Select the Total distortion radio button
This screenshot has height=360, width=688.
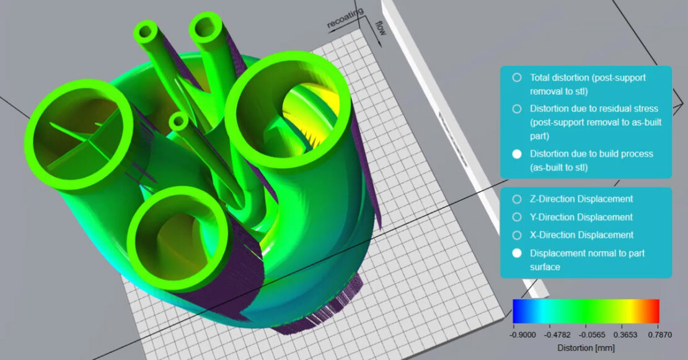click(516, 78)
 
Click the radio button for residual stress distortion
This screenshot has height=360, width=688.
click(516, 108)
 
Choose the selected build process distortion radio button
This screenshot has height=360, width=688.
click(516, 154)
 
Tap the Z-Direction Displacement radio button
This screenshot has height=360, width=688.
click(516, 199)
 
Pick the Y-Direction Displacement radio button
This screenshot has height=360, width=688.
click(516, 217)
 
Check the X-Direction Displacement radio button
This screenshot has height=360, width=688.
click(516, 235)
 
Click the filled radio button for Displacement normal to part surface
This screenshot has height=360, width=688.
click(516, 253)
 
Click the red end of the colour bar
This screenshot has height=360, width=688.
click(656, 311)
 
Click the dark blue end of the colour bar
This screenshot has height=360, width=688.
click(517, 311)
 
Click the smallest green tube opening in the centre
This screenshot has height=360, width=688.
click(179, 121)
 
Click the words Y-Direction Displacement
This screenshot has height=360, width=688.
click(581, 217)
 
